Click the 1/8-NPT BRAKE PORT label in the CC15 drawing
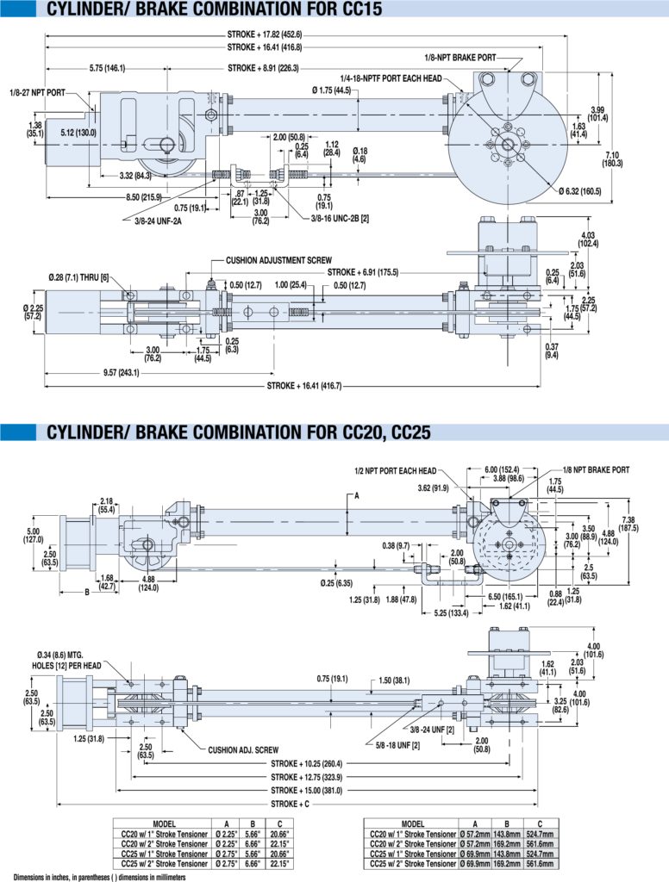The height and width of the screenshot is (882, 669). click(460, 58)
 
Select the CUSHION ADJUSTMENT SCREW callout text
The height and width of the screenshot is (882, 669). click(278, 260)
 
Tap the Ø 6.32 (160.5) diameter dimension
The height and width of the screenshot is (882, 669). click(580, 191)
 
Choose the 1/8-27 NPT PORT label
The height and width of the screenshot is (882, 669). click(37, 92)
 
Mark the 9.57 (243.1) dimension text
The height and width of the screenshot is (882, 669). click(121, 372)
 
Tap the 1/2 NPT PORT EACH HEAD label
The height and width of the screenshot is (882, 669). click(396, 471)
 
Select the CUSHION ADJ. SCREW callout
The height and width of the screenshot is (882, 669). click(243, 750)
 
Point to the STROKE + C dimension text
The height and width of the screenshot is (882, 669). click(290, 804)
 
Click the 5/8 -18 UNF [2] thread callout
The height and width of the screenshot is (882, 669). click(397, 745)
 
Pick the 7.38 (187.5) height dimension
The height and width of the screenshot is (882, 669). click(628, 525)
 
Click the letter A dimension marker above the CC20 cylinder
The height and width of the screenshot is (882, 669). click(356, 496)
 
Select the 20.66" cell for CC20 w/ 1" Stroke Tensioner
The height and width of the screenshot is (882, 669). click(279, 834)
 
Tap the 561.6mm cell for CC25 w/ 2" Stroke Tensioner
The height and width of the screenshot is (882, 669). click(540, 863)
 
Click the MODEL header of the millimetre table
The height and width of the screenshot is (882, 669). click(413, 824)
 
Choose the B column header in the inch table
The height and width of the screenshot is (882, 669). click(253, 824)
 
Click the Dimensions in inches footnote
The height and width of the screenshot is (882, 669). click(99, 877)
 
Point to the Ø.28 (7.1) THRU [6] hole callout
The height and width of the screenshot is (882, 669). click(78, 277)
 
